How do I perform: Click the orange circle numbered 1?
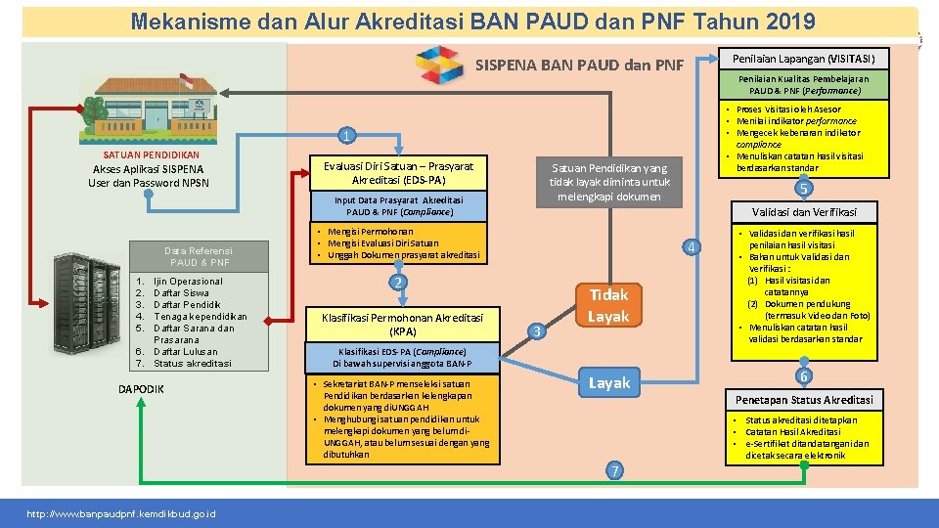[x=343, y=134]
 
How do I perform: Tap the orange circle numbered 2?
[x=396, y=282]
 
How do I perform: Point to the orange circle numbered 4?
[x=692, y=246]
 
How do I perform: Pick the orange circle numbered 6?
[x=803, y=375]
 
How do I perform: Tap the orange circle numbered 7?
[x=613, y=470]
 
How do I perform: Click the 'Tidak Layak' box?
[x=608, y=305]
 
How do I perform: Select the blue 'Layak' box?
[x=608, y=382]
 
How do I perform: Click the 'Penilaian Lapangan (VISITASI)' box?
[x=803, y=58]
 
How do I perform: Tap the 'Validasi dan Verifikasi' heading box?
[x=804, y=211]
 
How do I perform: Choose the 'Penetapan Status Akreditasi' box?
[x=804, y=399]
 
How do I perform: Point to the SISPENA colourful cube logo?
[x=441, y=66]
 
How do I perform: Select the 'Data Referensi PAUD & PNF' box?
[x=199, y=256]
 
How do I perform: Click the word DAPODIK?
[x=141, y=390]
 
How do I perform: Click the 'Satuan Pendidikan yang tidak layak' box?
[x=608, y=181]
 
